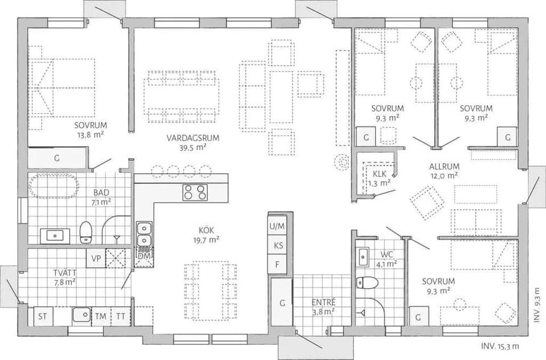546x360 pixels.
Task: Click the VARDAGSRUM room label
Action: [x=193, y=138]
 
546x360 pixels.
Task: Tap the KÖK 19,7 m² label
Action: [x=206, y=235]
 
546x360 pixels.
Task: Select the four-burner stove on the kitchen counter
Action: [x=195, y=193]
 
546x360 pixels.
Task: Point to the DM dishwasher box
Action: [x=144, y=256]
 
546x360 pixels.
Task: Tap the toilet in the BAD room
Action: [x=85, y=232]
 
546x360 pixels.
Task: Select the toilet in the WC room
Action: [x=367, y=283]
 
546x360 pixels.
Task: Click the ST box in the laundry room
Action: [x=43, y=316]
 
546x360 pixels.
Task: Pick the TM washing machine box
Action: [x=101, y=316]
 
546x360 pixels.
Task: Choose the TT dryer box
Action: [x=121, y=316]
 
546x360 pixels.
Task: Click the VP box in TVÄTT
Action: [x=96, y=259]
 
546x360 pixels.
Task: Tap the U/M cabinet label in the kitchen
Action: [x=277, y=226]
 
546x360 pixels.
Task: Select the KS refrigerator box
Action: [x=278, y=245]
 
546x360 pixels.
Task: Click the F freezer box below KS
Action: [x=277, y=265]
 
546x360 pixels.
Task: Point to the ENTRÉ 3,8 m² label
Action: [x=324, y=307]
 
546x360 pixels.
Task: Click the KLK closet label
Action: [x=380, y=178]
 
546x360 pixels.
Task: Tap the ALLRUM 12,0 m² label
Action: [x=444, y=171]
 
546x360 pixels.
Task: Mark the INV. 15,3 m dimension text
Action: [x=500, y=347]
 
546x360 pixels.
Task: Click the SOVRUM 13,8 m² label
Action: [x=91, y=130]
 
